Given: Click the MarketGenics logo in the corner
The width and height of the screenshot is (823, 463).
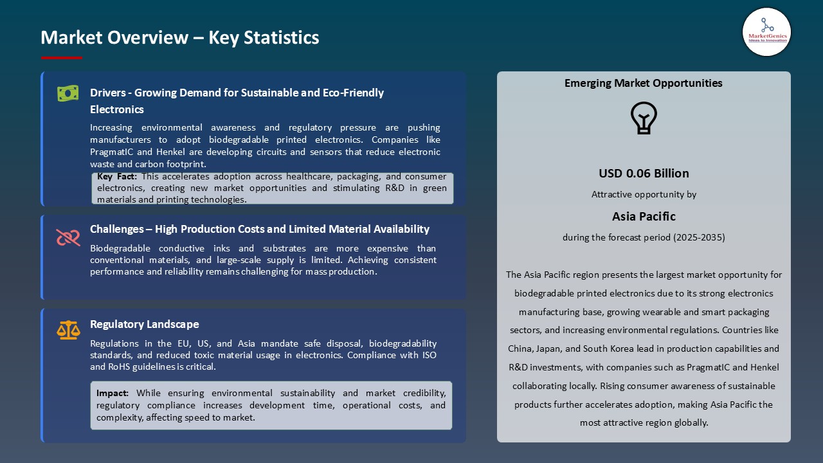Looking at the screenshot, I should tap(766, 32).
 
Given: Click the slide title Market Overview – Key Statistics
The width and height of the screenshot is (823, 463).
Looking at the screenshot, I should tap(179, 38).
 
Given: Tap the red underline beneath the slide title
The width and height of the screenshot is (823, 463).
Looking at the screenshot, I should tap(62, 58).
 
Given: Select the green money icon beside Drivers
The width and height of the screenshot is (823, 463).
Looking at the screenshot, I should tap(68, 94).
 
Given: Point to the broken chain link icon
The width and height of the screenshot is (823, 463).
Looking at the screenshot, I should tap(68, 237).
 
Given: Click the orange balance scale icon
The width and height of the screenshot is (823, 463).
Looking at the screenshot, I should tap(68, 331).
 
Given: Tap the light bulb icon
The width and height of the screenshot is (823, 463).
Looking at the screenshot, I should tap(643, 118).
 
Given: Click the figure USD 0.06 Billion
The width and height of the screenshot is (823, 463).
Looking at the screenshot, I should tap(644, 173).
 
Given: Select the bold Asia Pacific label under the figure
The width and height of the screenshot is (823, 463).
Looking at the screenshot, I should tap(644, 216).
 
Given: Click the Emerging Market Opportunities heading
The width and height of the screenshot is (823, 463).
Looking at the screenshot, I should tap(643, 83).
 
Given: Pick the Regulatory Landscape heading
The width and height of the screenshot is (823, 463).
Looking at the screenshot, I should tap(145, 324).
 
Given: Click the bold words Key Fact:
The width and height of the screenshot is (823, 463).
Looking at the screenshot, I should tap(118, 176).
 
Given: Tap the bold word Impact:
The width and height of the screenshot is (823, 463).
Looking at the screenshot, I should tap(113, 393).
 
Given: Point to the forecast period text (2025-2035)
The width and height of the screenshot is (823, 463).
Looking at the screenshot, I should tap(698, 237).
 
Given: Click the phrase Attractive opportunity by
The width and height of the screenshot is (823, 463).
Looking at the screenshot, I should tap(644, 194).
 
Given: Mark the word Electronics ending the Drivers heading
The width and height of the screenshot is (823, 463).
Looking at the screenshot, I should tap(117, 109).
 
